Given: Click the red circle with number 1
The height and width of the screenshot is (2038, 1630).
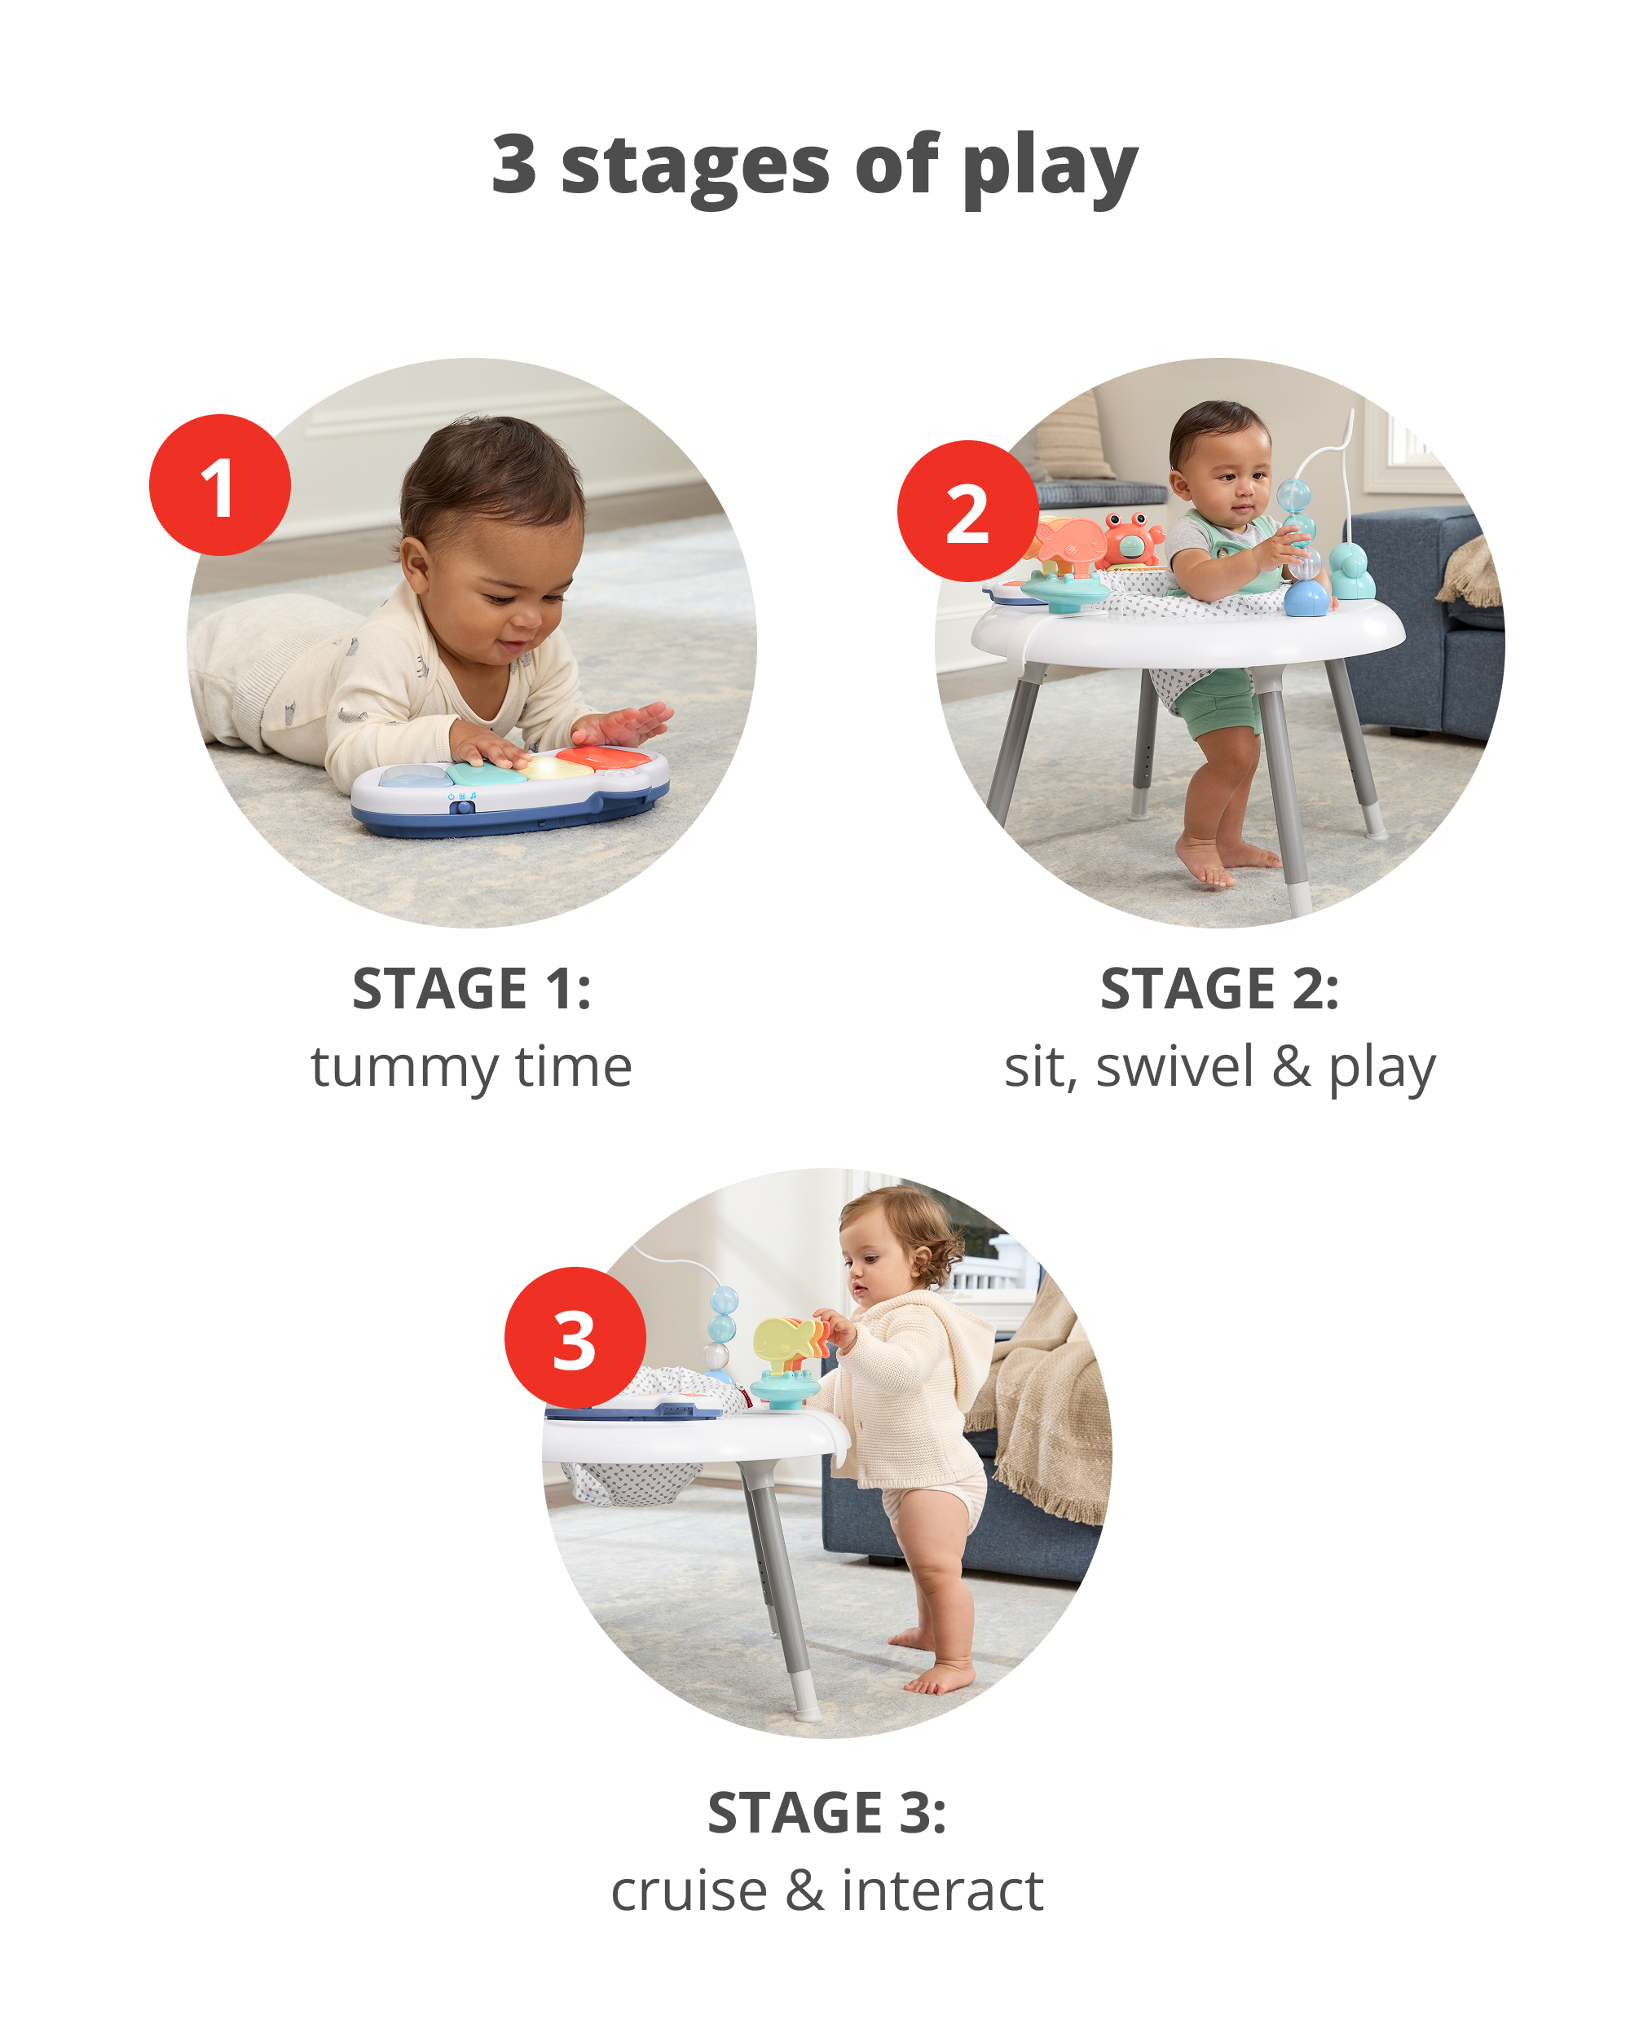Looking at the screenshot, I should [219, 485].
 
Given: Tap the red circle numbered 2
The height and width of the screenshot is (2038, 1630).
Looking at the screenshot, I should [967, 511].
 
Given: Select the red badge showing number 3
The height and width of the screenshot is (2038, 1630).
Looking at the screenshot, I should [575, 1338].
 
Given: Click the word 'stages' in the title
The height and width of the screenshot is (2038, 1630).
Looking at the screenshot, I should [694, 165].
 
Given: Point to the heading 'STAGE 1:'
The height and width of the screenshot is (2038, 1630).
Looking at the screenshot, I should [472, 989].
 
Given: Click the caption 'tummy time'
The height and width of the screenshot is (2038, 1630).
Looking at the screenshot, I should [472, 1067].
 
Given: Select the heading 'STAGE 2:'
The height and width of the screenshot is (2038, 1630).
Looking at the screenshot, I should [1219, 989].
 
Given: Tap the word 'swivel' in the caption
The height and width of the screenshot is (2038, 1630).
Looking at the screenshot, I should [1174, 1067].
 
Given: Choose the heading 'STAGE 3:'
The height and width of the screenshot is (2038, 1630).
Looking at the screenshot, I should [826, 1813].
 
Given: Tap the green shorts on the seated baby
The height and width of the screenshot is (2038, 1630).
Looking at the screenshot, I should [1221, 704].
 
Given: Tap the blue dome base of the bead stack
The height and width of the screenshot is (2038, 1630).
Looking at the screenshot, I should [1306, 598].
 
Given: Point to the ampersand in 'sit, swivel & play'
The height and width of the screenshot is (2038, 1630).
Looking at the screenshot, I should [1291, 1067].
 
